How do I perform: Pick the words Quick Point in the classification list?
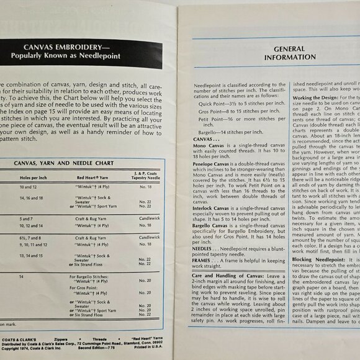pyautogui.click(x=211, y=103)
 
